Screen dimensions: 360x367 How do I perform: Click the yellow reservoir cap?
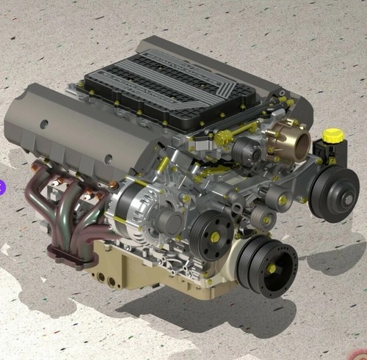click(x=333, y=136)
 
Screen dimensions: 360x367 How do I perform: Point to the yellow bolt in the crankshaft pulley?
click(x=271, y=268)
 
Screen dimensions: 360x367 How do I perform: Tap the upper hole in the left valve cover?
click(x=44, y=124)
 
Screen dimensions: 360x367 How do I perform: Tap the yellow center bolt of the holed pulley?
click(x=214, y=238)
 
